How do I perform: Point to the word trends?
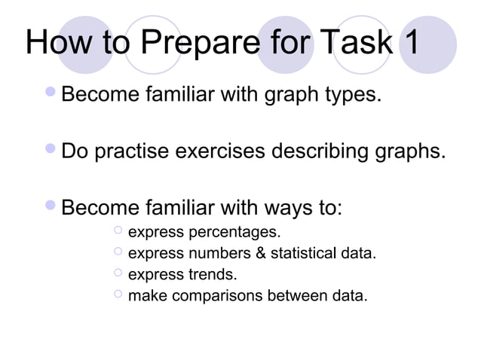click(x=213, y=274)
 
